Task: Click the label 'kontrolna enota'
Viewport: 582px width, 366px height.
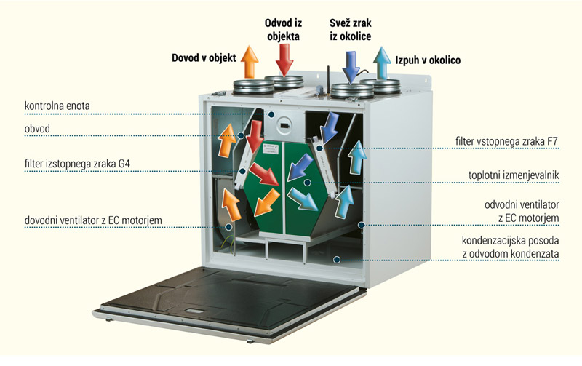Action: pos(57,106)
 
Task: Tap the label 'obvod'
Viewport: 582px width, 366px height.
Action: pos(37,130)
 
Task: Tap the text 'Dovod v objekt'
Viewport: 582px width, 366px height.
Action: pos(203,57)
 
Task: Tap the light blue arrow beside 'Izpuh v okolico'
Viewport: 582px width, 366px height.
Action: pos(380,62)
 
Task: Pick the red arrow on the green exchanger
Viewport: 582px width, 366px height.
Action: pos(262,173)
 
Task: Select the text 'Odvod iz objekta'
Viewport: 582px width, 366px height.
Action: pos(281,27)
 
